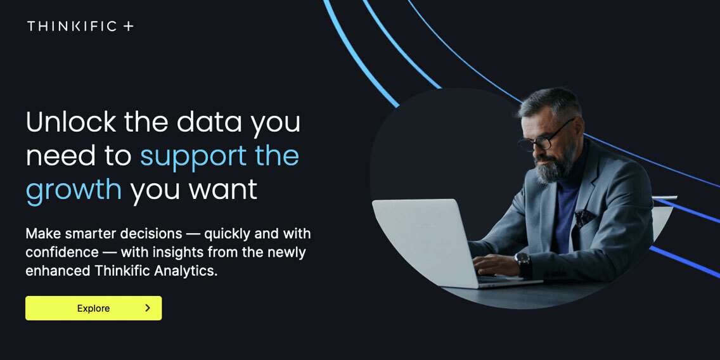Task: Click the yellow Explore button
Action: click(93, 308)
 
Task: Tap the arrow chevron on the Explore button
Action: click(148, 308)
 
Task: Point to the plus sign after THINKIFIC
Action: click(129, 26)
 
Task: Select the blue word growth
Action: click(74, 190)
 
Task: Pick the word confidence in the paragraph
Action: click(62, 252)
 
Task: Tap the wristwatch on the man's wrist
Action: click(523, 263)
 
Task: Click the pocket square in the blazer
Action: click(584, 217)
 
